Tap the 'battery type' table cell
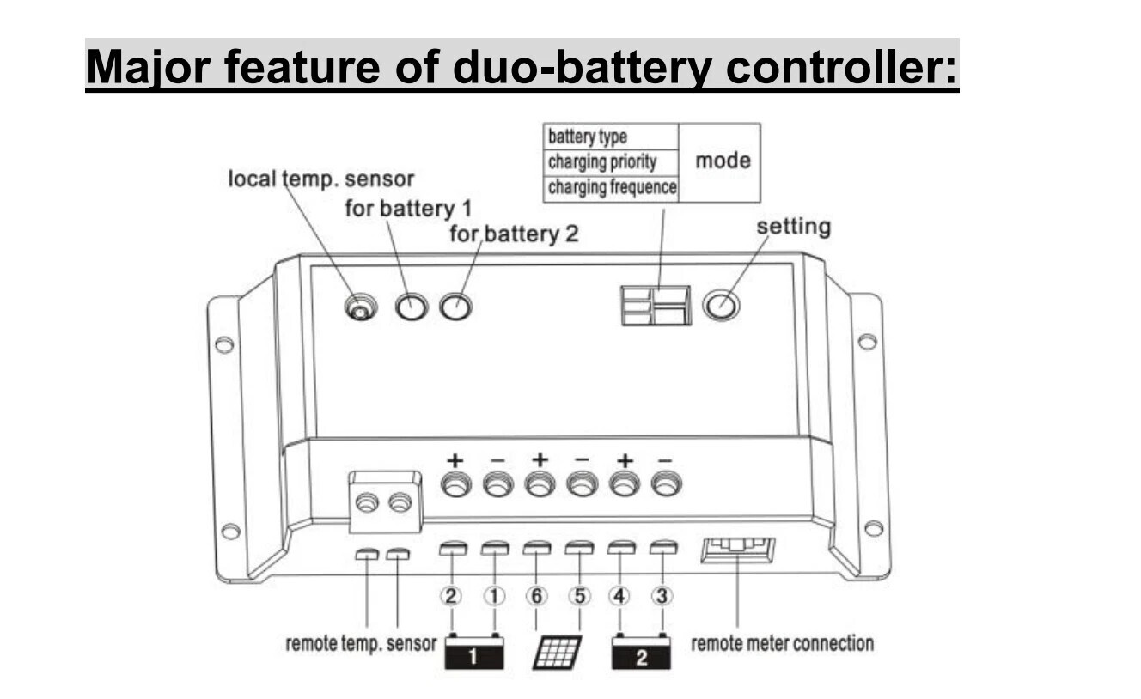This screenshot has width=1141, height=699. point(588,137)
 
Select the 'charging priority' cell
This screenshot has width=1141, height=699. point(602,161)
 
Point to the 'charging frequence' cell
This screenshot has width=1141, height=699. point(612,186)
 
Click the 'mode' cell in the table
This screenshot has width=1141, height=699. point(723,161)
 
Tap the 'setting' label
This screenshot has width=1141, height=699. point(793,227)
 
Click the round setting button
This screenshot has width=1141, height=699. point(721,305)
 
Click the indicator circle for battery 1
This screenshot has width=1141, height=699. point(412,307)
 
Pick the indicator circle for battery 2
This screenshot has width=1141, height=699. point(455,306)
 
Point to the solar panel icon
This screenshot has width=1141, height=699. point(557,653)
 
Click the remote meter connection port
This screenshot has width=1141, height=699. point(738,550)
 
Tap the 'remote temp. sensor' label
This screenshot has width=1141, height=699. point(361,644)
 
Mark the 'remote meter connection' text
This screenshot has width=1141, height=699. point(782,643)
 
